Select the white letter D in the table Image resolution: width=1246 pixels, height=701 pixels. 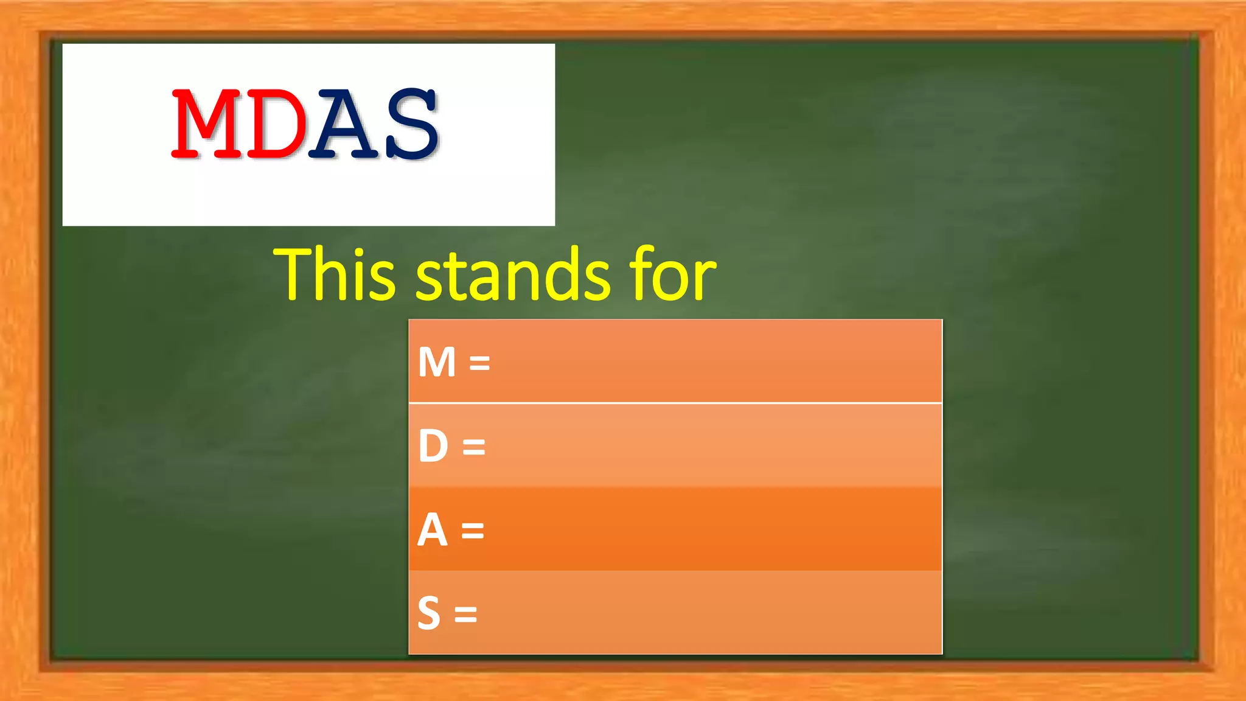tap(433, 446)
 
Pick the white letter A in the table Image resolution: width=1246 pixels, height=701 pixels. tap(433, 530)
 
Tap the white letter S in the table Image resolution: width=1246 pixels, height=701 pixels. tap(429, 613)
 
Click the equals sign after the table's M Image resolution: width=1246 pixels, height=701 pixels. tap(479, 363)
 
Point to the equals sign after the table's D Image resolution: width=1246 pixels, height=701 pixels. tap(474, 447)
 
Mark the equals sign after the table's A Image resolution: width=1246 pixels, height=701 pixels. tap(473, 531)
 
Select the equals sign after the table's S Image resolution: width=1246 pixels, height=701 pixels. tap(465, 615)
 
